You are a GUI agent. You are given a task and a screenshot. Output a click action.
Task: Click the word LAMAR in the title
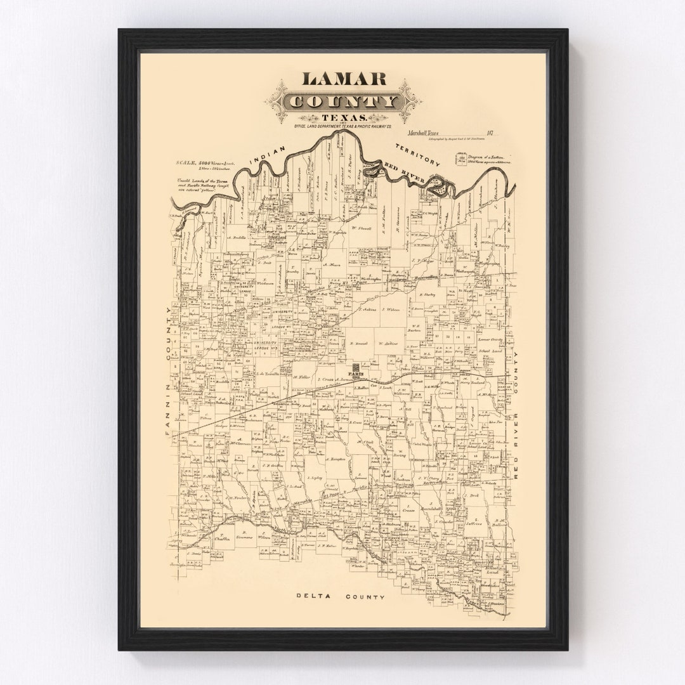tap(344, 79)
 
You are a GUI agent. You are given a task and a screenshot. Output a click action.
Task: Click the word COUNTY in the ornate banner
tap(343, 101)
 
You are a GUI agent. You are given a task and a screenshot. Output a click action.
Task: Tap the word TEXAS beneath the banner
tap(343, 118)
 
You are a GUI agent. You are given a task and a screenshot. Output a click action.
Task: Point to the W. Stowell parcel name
tap(361, 227)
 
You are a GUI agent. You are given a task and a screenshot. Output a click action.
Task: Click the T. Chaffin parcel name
tap(221, 538)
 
